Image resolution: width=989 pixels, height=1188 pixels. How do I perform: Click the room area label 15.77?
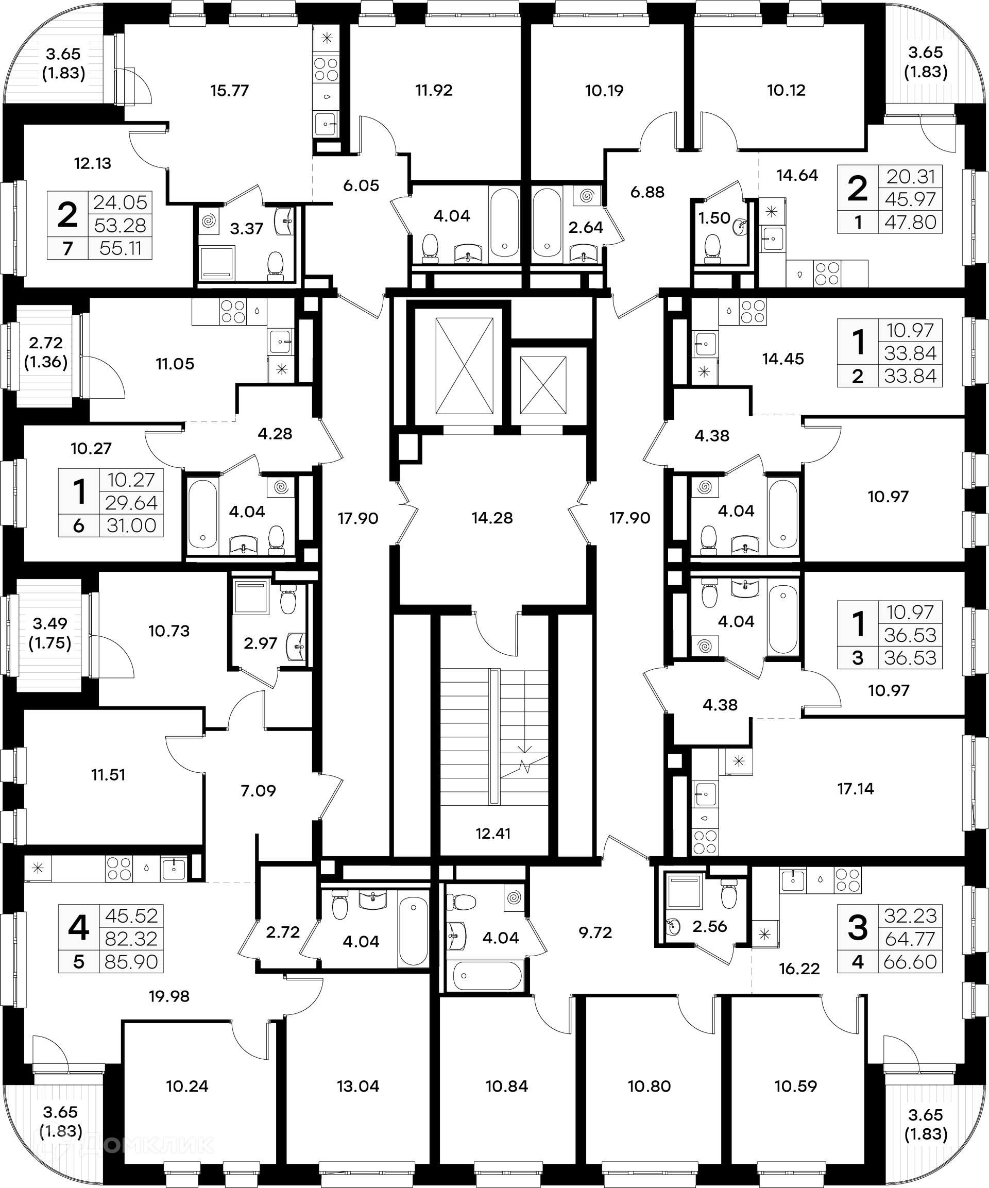tap(229, 91)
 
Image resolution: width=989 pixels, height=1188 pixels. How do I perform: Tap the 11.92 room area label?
tap(433, 91)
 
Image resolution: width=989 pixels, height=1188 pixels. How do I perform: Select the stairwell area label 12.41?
tap(493, 833)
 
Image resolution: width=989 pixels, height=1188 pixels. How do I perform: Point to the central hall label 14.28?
tap(492, 518)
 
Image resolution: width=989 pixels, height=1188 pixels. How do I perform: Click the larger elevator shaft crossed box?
tap(464, 365)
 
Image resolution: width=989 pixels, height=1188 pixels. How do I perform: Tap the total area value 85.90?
tap(131, 962)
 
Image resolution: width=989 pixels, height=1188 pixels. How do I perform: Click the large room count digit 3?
tap(858, 928)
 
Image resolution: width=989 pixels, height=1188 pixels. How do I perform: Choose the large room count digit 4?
tap(78, 928)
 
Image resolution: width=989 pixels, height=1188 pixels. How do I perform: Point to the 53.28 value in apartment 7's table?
tap(120, 225)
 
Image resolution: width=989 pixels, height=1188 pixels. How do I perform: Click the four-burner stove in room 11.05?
tap(232, 311)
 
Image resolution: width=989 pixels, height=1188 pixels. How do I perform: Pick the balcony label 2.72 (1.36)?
tap(45, 352)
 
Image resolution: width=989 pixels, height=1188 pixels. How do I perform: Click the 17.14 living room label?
tap(855, 788)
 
